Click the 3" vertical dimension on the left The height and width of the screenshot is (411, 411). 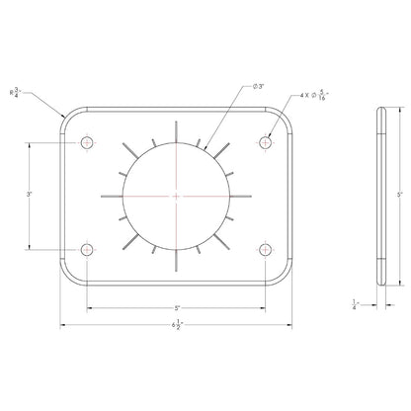coord(31,195)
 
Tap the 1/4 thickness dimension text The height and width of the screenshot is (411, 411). coord(356,305)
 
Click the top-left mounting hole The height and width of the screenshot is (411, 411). coord(89,143)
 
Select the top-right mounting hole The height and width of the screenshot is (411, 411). coord(265,143)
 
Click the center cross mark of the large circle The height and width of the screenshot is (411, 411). coord(177,196)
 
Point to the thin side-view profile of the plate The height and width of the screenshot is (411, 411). coord(380,195)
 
